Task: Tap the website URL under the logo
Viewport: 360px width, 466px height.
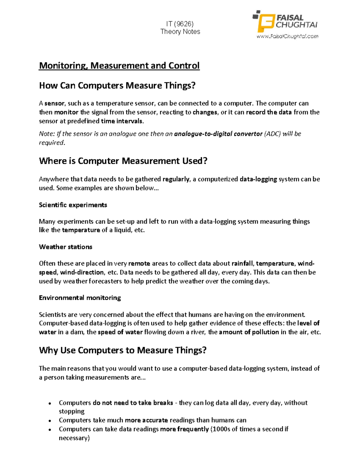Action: tap(287, 37)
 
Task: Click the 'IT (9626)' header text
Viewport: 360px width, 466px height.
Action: tap(180, 24)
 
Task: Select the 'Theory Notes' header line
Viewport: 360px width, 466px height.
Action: tap(180, 32)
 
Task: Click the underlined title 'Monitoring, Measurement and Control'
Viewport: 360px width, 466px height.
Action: tap(119, 65)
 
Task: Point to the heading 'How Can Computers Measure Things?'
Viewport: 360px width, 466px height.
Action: tap(117, 86)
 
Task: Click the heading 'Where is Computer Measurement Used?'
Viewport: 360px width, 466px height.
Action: tap(123, 161)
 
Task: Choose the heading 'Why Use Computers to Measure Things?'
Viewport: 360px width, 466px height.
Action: tap(123, 350)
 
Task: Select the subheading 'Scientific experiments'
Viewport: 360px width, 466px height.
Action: tap(73, 205)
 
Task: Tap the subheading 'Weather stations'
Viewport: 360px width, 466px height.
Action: tap(65, 247)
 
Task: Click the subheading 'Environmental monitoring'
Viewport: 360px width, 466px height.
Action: tap(80, 298)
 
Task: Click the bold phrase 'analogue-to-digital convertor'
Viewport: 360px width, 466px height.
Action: tap(218, 134)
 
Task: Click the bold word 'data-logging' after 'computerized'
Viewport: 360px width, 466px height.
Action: tap(258, 179)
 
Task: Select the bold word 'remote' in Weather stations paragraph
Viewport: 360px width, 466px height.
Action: tap(139, 263)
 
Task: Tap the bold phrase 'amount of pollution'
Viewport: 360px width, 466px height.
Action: tap(249, 332)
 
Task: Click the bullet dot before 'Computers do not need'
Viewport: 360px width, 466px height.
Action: tap(50, 403)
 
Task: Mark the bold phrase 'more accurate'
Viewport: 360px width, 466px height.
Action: tap(146, 420)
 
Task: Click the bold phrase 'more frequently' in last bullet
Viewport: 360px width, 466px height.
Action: tap(184, 429)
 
